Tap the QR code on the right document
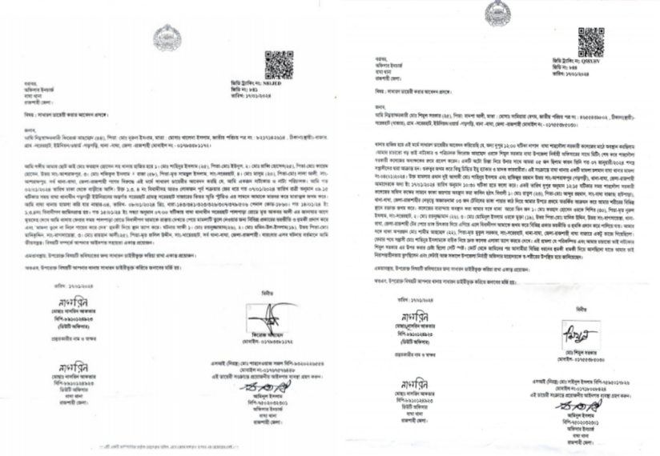[x=590, y=42]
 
